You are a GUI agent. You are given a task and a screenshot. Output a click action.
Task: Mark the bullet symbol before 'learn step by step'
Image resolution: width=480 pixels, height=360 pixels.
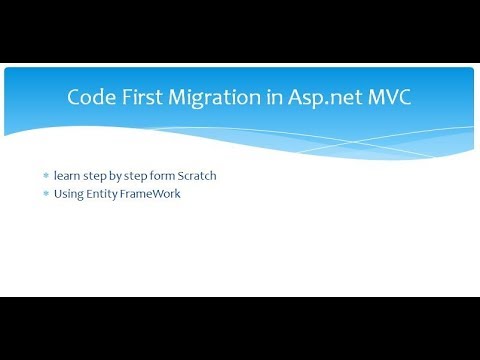(45, 176)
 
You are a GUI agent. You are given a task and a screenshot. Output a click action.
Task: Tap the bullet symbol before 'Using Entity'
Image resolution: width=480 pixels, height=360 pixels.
(45, 193)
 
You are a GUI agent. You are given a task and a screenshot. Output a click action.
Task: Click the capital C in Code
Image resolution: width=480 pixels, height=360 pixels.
(73, 98)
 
